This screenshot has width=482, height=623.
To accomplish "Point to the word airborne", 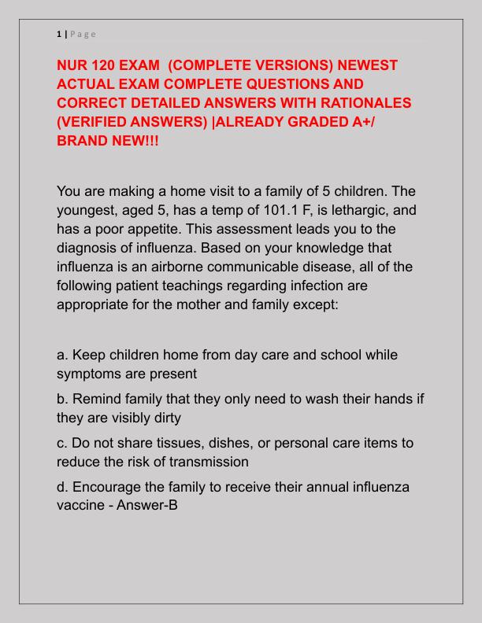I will tap(168, 266).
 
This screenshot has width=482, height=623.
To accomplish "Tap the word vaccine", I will tap(80, 505).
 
